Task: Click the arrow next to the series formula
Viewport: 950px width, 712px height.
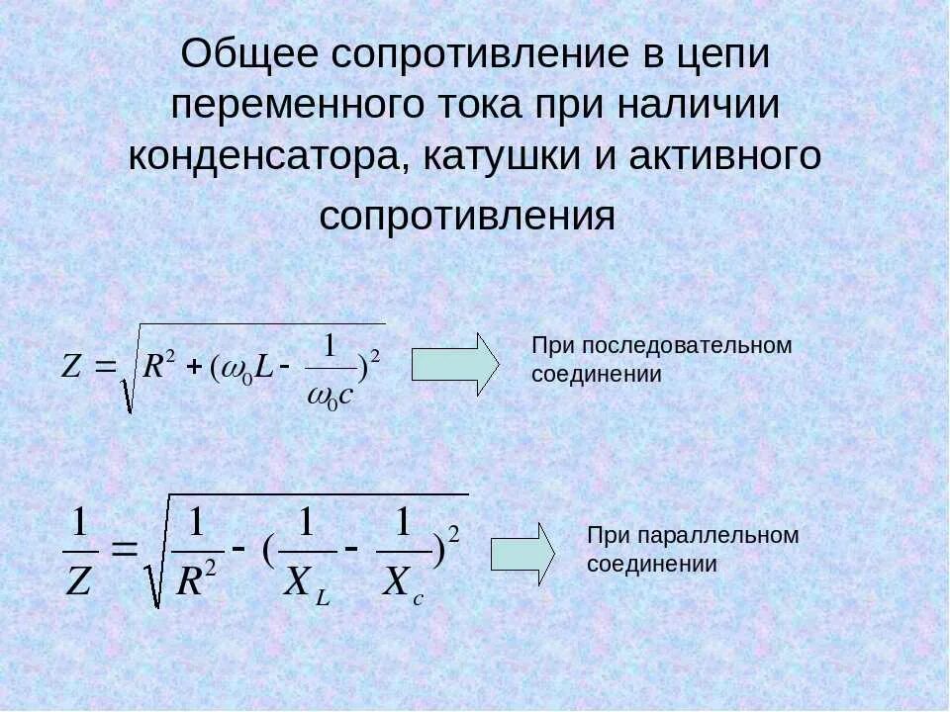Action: pos(455,364)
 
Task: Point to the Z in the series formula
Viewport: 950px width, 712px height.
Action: pos(71,367)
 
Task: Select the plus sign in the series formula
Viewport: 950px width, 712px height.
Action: pos(194,367)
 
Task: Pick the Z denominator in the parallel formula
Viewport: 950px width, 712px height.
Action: pos(78,582)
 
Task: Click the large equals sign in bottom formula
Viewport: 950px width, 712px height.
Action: pos(124,551)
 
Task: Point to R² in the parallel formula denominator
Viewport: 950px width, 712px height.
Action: pos(195,581)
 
